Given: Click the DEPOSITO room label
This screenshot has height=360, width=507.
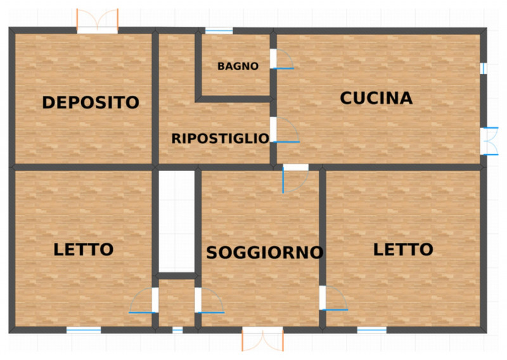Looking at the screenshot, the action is pos(91,103).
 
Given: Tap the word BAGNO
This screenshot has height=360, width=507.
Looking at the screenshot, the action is pos(238,67).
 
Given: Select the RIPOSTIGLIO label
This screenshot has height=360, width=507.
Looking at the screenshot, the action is pos(220,138).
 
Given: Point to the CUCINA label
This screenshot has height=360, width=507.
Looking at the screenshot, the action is pos(376,98).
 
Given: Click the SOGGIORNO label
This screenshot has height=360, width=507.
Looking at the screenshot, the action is pos(265,253).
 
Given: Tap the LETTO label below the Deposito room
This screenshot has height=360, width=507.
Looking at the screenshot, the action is pos(84,250).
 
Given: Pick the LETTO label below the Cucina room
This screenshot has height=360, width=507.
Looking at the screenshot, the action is pos(403,249).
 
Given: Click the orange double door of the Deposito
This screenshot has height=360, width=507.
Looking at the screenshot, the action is pos(98,22).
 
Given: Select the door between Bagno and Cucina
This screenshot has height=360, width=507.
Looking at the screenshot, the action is pos(282,59).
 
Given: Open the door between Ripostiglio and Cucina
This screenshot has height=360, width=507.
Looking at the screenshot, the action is pos(285,130).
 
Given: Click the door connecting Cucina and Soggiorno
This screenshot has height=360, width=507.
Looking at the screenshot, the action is pos(295,179).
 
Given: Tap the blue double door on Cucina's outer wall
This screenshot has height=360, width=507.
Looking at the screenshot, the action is pos(489,141).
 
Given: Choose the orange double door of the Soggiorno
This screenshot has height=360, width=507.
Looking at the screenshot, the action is pos(262,338).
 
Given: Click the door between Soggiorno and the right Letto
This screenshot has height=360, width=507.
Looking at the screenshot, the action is pos(333,298).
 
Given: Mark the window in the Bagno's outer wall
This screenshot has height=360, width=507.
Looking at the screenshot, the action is pos(219,30).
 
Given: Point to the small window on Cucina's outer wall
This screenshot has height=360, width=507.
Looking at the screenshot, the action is pos(484,68).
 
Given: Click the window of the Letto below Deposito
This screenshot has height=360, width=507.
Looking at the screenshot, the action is pos(84,330).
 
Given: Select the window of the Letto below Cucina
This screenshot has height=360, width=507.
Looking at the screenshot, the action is pos(372,330).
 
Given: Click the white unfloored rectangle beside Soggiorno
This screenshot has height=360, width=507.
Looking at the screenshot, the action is pos(177,222).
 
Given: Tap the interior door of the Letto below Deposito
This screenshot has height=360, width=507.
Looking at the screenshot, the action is pos(144,300).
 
